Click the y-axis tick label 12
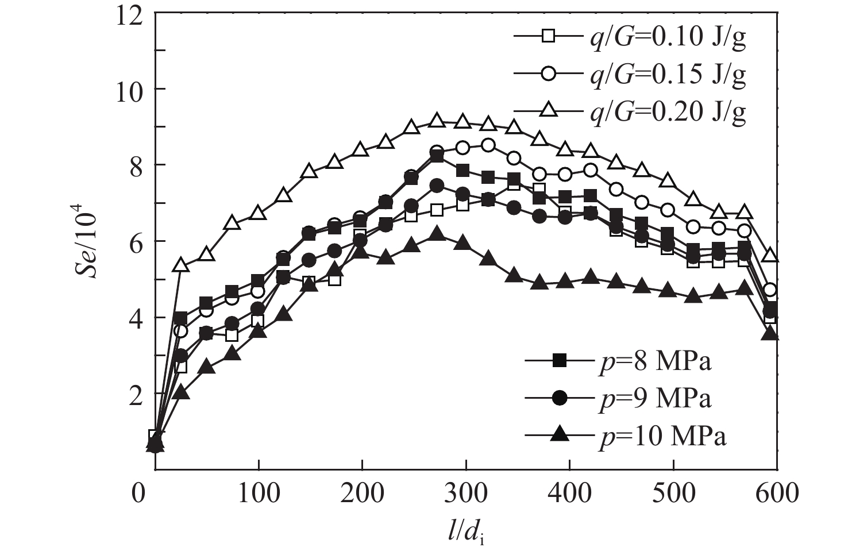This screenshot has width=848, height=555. pyautogui.click(x=130, y=14)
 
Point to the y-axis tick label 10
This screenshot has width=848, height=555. pyautogui.click(x=130, y=90)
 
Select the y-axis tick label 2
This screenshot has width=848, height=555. pyautogui.click(x=138, y=394)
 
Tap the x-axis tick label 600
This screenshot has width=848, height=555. pyautogui.click(x=776, y=493)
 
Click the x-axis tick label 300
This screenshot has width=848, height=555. pyautogui.click(x=465, y=493)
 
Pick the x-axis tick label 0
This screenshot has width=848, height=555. pyautogui.click(x=138, y=493)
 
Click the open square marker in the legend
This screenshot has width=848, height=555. pyautogui.click(x=548, y=36)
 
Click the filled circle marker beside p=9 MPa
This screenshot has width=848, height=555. pyautogui.click(x=560, y=398)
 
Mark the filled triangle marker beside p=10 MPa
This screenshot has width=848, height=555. pyautogui.click(x=560, y=435)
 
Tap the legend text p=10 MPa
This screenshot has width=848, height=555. pyautogui.click(x=661, y=436)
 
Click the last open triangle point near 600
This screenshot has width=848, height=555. pyautogui.click(x=770, y=256)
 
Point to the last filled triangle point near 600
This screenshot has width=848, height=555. pyautogui.click(x=770, y=333)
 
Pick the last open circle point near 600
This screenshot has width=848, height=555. pyautogui.click(x=770, y=290)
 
